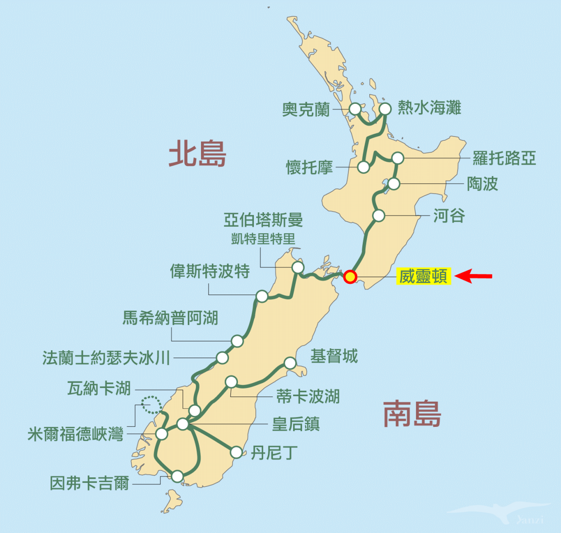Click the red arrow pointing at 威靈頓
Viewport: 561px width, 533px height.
point(473,276)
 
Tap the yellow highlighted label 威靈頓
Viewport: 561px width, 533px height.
point(424,276)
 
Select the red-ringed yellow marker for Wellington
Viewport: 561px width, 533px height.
point(350,277)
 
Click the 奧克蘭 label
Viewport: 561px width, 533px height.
point(306,109)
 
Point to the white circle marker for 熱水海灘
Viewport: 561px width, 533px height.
point(385,109)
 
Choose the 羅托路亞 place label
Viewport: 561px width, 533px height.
point(504,158)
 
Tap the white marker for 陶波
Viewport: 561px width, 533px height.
point(394,184)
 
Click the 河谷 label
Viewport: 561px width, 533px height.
point(449,216)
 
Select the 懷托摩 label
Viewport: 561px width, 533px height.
point(309,167)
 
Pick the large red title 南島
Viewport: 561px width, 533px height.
point(412,414)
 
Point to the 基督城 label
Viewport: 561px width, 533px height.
point(334,356)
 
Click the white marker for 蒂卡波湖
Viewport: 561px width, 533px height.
point(231,382)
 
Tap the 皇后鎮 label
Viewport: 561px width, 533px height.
point(296,424)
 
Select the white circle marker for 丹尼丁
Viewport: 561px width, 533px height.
point(237,452)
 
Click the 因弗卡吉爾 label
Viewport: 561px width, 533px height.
point(89,483)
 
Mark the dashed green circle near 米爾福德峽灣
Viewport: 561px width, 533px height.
point(151,404)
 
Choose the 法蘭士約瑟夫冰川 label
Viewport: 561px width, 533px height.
point(106,358)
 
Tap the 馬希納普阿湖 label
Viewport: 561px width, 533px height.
point(170,318)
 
